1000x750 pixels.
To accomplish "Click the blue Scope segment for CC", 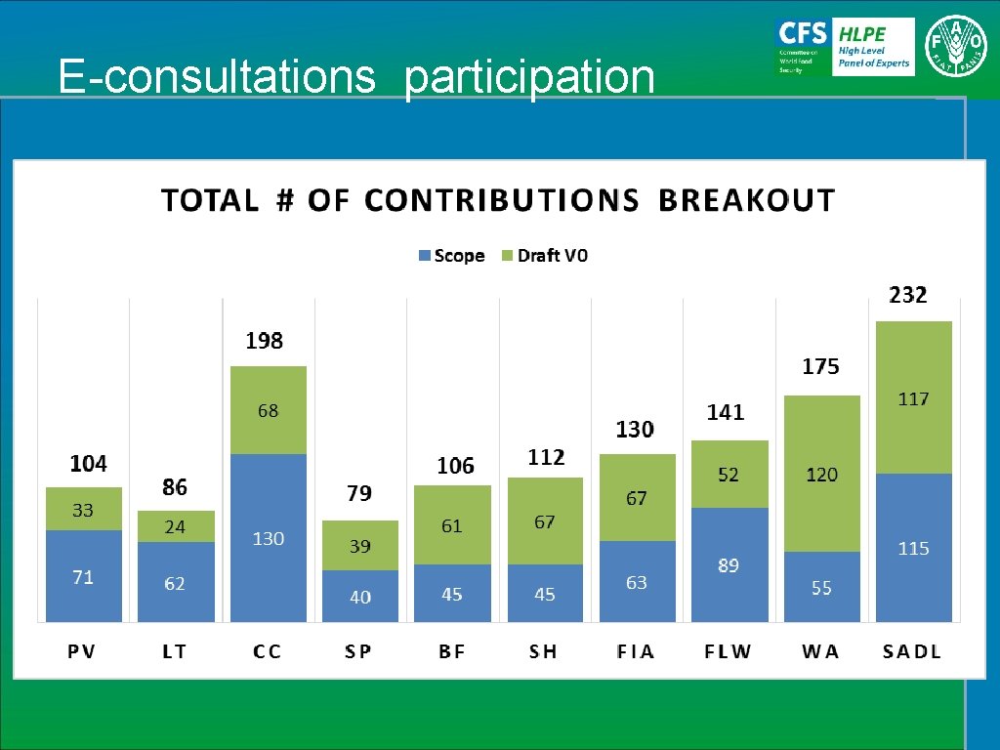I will point(269,537).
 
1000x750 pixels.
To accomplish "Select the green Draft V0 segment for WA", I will point(821,474).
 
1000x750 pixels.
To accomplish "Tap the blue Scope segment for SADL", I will point(914,548).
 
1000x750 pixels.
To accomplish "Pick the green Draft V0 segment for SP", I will point(360,545).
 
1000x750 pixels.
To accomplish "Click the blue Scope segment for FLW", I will point(729,564).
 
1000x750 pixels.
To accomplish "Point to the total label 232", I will point(908,295).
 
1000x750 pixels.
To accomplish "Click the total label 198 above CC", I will point(265,341).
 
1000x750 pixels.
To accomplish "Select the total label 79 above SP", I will point(359,494).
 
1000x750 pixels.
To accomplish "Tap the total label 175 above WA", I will point(820,367).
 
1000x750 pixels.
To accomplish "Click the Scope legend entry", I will point(451,256).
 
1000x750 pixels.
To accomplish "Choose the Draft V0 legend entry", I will point(545,256).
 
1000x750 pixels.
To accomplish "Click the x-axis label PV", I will point(82,651).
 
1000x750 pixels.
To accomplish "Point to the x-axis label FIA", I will point(636,651).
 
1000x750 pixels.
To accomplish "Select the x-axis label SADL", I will point(912,651).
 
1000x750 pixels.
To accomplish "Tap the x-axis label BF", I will point(451,651).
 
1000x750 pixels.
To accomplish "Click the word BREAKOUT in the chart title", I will point(747,200).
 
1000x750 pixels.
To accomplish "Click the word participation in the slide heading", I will point(529,76).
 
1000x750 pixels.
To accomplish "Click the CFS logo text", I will point(801,31).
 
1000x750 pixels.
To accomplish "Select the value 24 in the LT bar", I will point(175,526).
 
